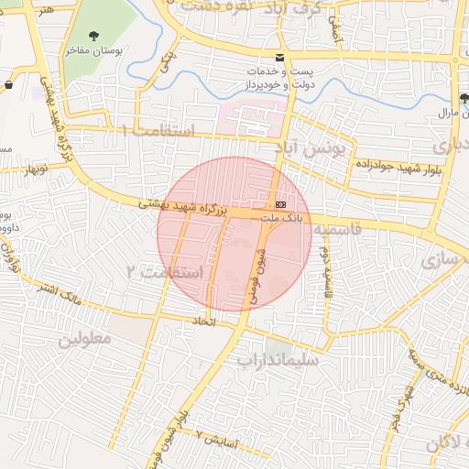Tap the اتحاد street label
[202, 322]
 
